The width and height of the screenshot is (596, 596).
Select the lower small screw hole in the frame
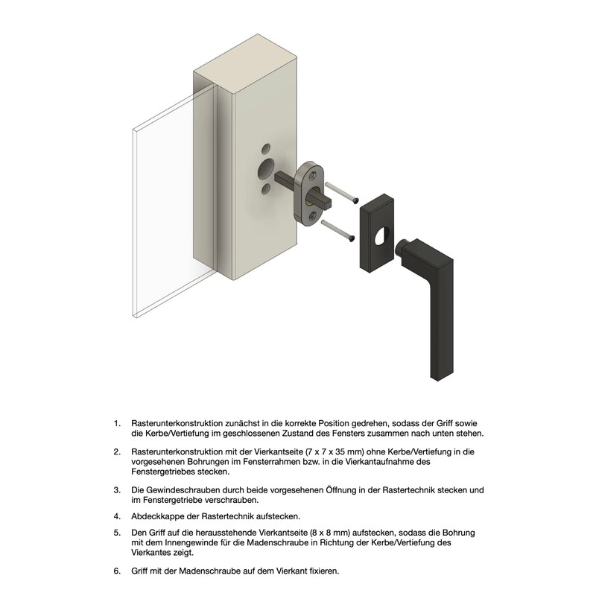(266, 191)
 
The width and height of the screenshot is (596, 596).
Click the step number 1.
(117, 423)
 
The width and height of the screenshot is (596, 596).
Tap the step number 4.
(117, 516)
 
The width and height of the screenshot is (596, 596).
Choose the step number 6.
(117, 571)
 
